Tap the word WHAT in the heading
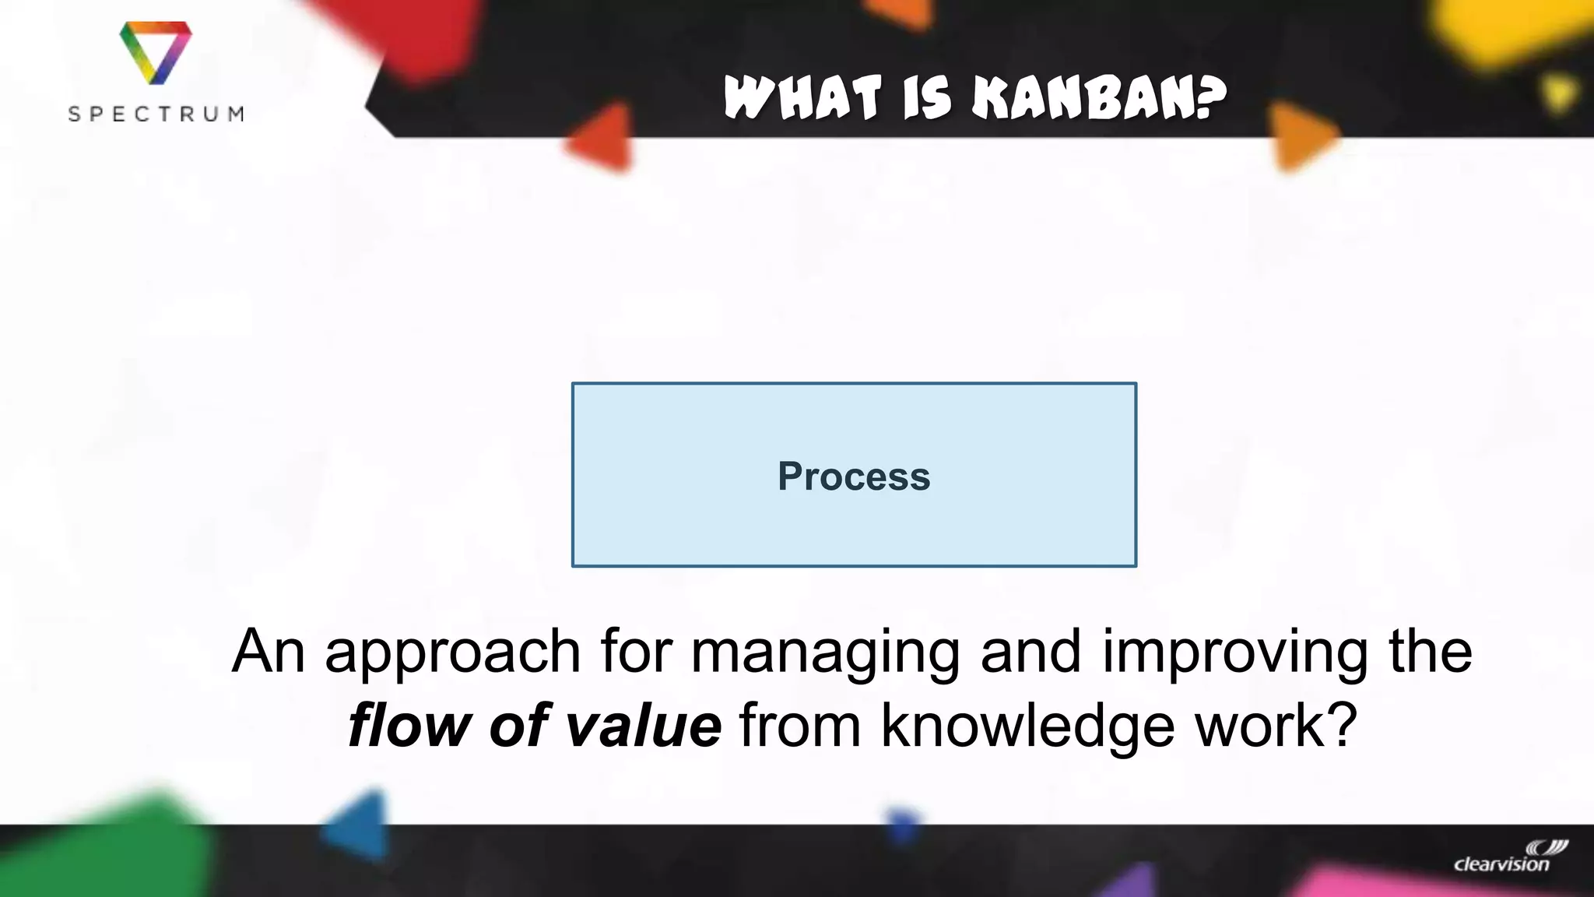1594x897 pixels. (802, 99)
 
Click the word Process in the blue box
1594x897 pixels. (854, 476)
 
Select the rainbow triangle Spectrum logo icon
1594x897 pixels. (156, 51)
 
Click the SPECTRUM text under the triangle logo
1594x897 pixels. (156, 114)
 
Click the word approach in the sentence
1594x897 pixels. (452, 653)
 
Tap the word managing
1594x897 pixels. (825, 653)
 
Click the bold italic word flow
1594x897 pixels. (409, 725)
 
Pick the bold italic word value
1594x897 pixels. (643, 725)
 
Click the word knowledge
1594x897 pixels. (1027, 725)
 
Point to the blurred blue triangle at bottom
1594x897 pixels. (360, 827)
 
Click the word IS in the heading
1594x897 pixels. (927, 99)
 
